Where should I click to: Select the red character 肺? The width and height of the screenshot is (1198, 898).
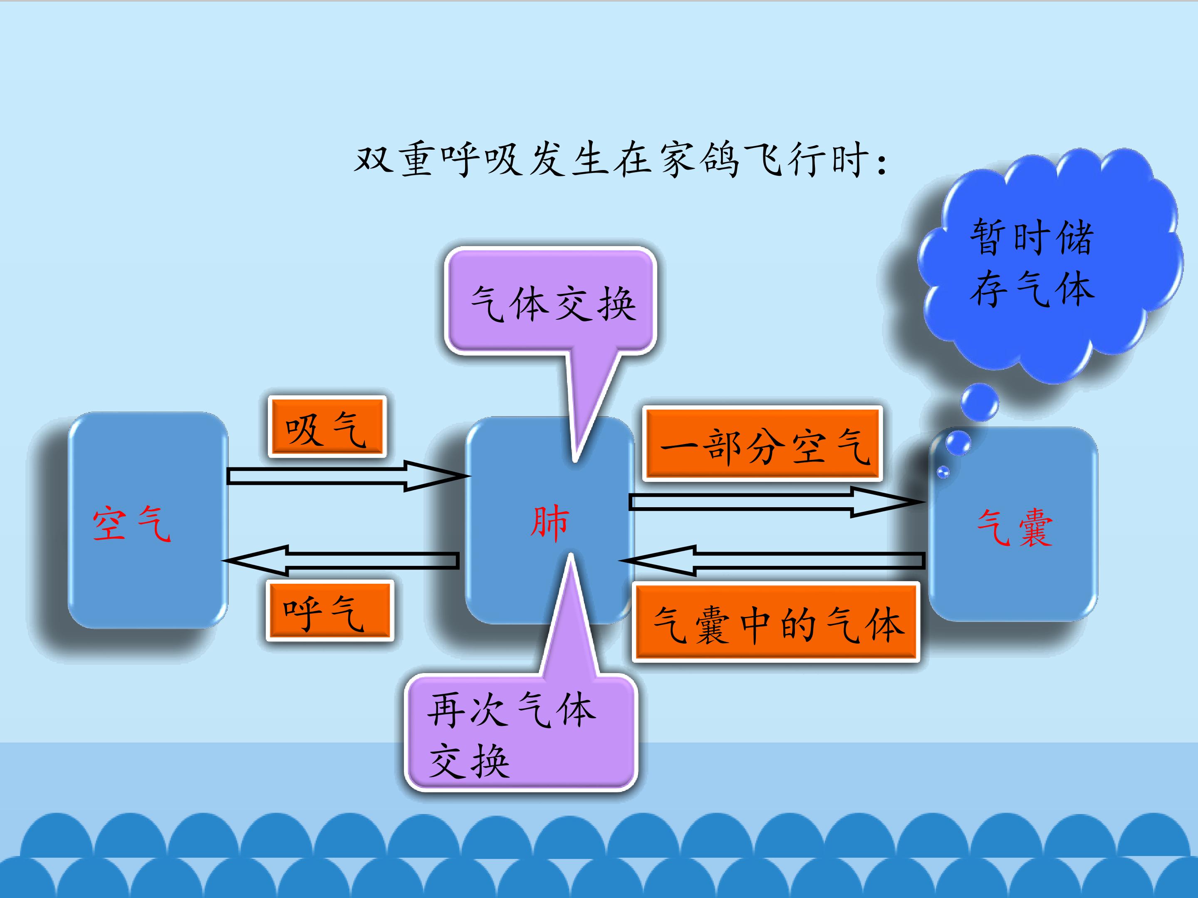pos(549,523)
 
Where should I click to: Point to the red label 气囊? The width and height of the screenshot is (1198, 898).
pos(1015,528)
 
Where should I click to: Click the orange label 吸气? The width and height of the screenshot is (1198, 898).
pos(327,427)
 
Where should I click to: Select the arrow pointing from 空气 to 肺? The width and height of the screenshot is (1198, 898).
pos(347,476)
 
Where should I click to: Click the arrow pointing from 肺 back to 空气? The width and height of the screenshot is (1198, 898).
pos(341,560)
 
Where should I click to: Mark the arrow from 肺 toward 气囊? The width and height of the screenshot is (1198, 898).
pos(775,502)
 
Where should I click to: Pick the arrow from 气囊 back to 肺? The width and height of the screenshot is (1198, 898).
pos(775,561)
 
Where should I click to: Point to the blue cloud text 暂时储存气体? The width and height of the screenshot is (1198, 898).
pos(1032,262)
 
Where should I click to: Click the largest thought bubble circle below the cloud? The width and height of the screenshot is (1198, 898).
pos(979,402)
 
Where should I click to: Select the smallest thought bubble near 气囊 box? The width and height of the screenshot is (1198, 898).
pos(943,472)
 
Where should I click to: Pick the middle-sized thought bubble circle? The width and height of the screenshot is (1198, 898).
pos(958,443)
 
